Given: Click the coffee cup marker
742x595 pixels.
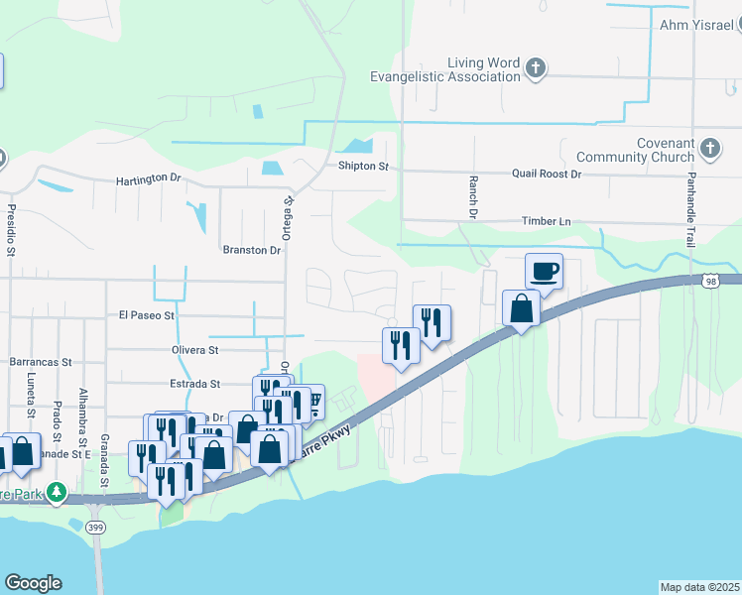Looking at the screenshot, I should click(x=545, y=270).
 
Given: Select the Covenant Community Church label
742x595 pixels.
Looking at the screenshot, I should click(x=639, y=150).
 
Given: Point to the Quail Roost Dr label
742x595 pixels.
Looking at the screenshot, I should click(x=546, y=174).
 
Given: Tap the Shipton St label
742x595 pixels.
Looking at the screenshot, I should click(x=362, y=166).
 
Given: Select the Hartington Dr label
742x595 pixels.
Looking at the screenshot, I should click(x=149, y=178).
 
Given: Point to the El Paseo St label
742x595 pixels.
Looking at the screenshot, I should click(x=147, y=315).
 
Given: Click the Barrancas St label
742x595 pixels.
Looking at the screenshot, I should click(x=41, y=363).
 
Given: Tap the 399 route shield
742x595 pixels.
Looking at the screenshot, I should click(x=95, y=526).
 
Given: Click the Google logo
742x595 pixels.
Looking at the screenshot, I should click(x=33, y=583).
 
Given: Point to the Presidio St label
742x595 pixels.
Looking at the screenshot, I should click(x=12, y=230).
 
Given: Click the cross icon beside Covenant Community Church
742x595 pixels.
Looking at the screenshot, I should click(x=709, y=150).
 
